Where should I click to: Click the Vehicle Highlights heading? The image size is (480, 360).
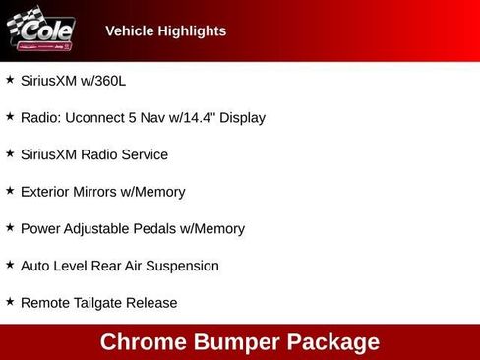pyautogui.click(x=165, y=30)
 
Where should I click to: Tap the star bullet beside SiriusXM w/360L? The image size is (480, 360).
pyautogui.click(x=10, y=79)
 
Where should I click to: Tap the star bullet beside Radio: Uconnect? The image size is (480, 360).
pyautogui.click(x=10, y=116)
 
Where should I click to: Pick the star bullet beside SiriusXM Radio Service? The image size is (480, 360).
pyautogui.click(x=10, y=152)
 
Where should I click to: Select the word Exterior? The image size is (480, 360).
pyautogui.click(x=46, y=192)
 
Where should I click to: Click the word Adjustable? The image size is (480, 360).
pyautogui.click(x=99, y=228)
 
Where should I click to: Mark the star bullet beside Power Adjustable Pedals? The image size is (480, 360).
pyautogui.click(x=10, y=226)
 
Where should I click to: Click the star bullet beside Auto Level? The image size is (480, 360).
pyautogui.click(x=10, y=264)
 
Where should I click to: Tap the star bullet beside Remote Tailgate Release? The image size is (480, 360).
pyautogui.click(x=10, y=301)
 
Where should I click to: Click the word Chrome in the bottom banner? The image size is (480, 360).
pyautogui.click(x=143, y=342)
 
